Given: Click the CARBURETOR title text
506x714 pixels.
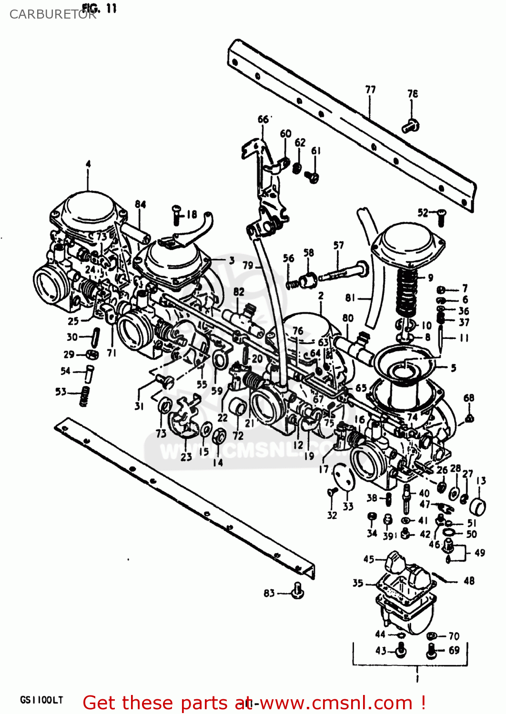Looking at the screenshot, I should pyautogui.click(x=52, y=14).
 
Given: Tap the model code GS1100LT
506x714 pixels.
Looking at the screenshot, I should pyautogui.click(x=41, y=700).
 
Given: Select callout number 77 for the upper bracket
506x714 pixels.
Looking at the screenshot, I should pyautogui.click(x=370, y=89).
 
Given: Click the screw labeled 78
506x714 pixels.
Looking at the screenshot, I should pyautogui.click(x=410, y=126).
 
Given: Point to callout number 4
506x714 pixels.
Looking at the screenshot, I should pyautogui.click(x=88, y=164).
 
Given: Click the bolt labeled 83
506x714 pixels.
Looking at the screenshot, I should pyautogui.click(x=298, y=591).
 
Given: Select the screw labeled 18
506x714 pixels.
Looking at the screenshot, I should pyautogui.click(x=176, y=216).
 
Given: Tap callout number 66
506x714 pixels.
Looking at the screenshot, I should pyautogui.click(x=263, y=119).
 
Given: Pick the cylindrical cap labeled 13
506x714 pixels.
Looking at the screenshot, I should pyautogui.click(x=477, y=506).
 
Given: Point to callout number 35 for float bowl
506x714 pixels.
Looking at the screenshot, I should pyautogui.click(x=358, y=583).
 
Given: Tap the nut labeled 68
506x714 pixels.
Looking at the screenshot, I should pyautogui.click(x=469, y=418).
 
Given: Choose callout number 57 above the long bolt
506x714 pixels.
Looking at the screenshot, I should pyautogui.click(x=338, y=246).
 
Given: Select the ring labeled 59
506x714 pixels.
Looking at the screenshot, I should pyautogui.click(x=219, y=360).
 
